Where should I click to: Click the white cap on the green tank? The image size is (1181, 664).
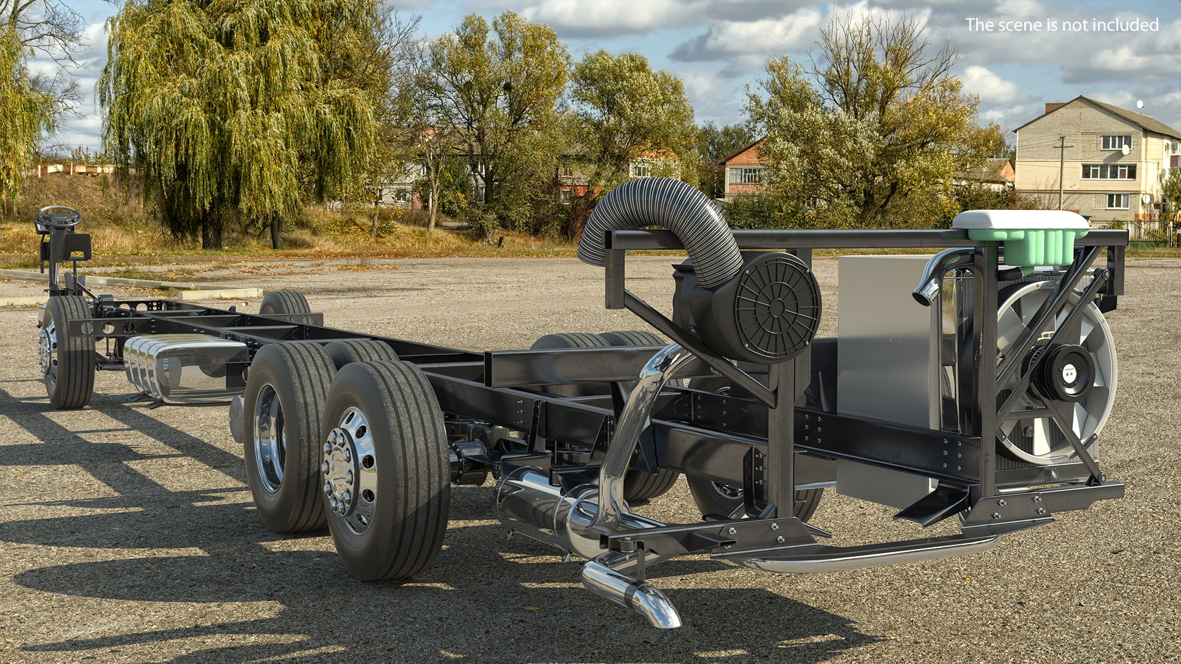pyautogui.click(x=1020, y=219)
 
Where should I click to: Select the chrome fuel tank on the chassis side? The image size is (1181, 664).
pyautogui.click(x=185, y=369)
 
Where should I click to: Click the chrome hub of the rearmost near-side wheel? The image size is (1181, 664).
pyautogui.click(x=348, y=470)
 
